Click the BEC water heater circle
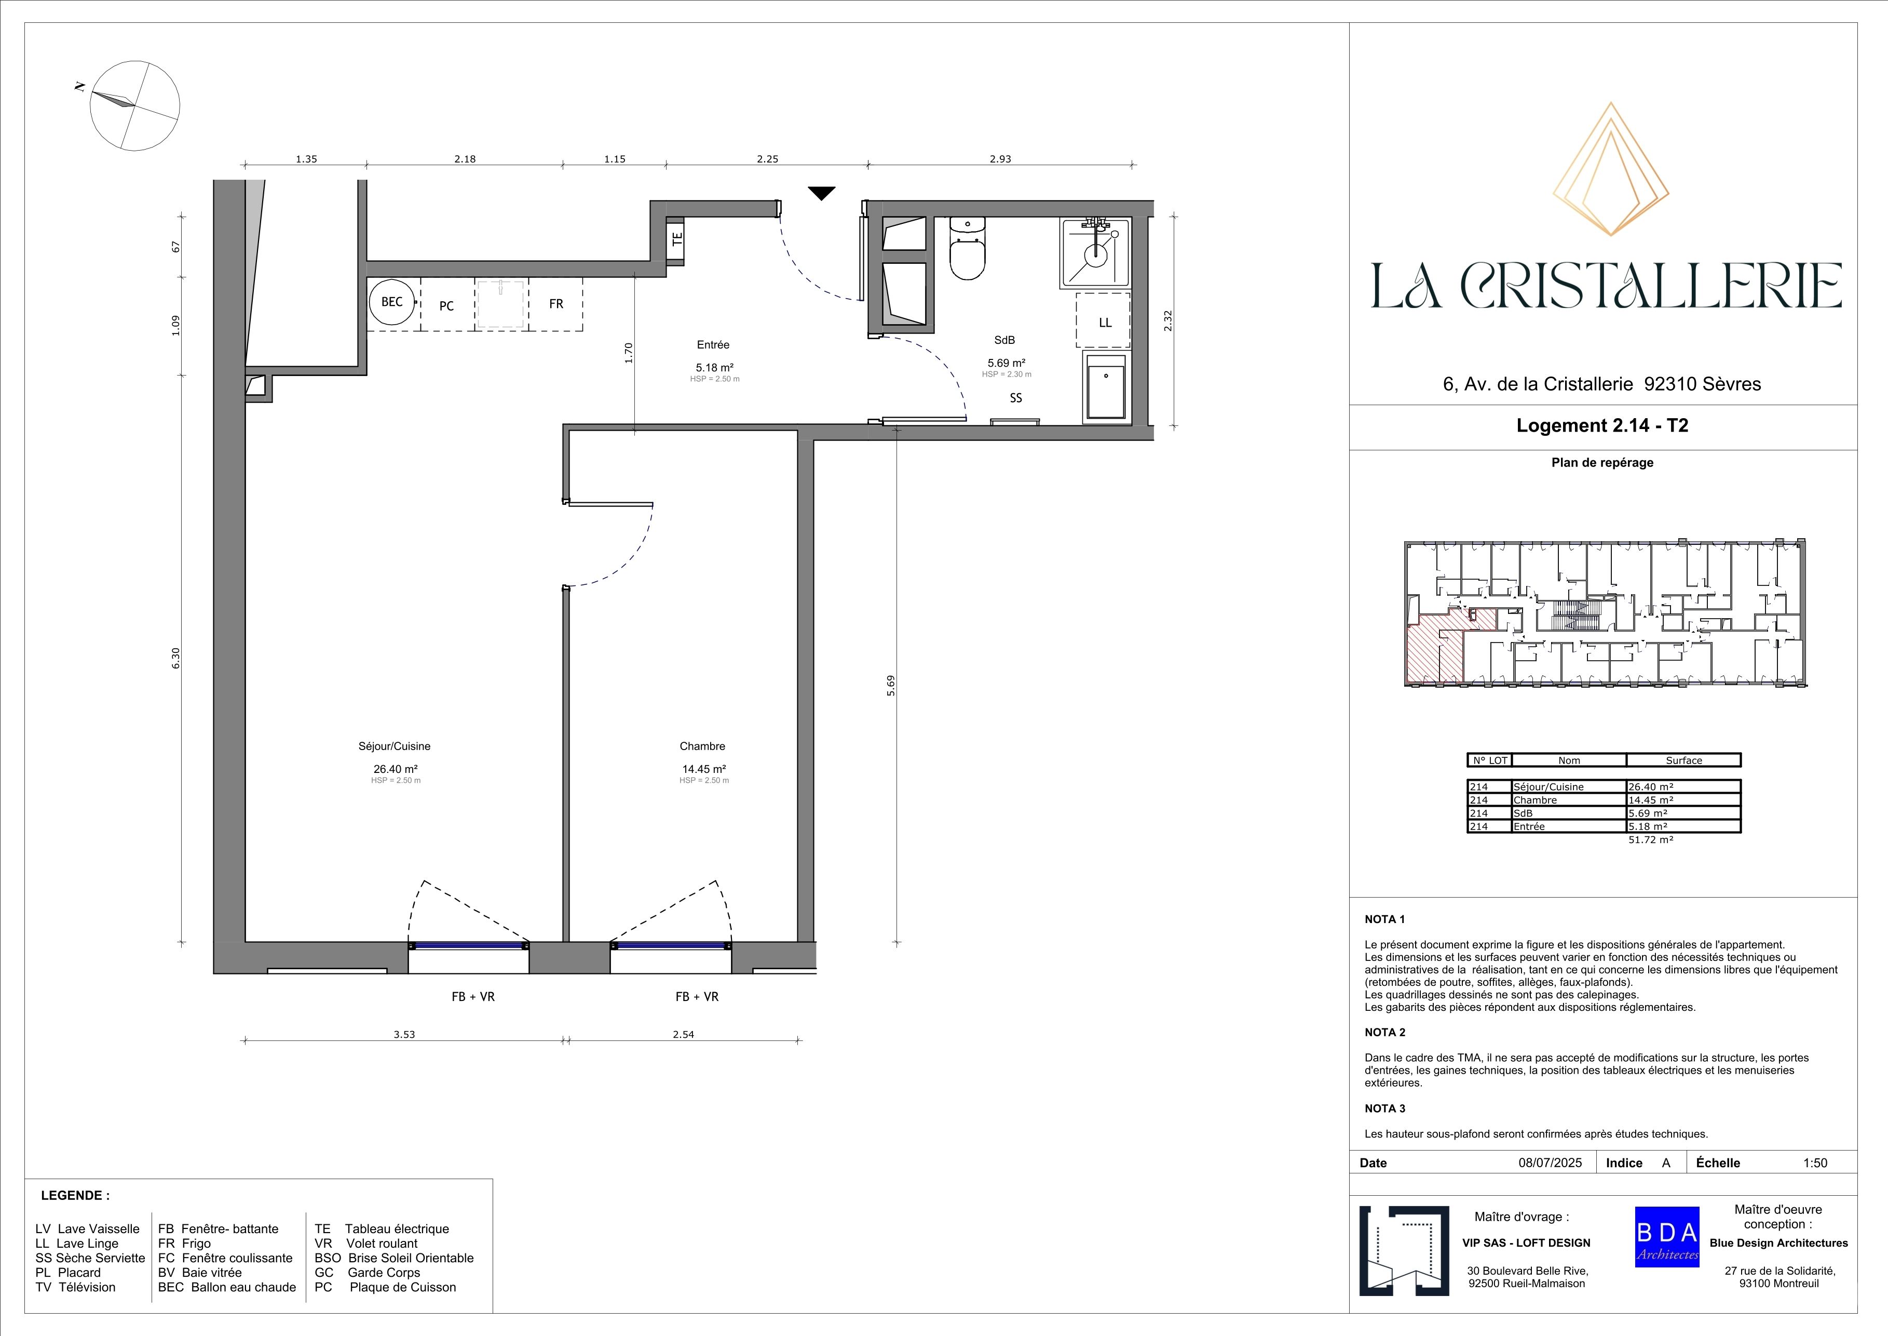pos(392,302)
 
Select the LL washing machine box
pos(1104,322)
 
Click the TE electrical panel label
pos(677,240)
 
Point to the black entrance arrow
pos(821,193)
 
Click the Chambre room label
pos(702,746)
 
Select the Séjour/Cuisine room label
pos(395,746)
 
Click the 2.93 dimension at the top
pos(1000,159)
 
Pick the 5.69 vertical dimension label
pos(891,685)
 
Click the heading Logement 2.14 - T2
pos(1602,426)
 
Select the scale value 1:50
pos(1815,1163)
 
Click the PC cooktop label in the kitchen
pos(446,306)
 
